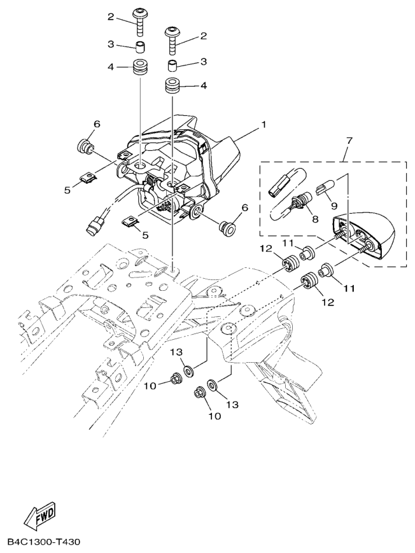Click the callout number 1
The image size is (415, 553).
point(262,126)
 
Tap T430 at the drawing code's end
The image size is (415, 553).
point(69,542)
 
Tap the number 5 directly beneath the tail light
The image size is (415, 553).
point(145,235)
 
